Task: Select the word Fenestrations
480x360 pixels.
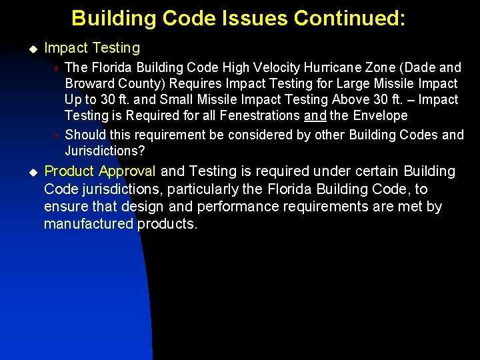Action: tap(260, 115)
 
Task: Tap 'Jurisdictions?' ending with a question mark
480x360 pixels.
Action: tap(105, 150)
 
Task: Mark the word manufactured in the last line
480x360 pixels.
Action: tap(89, 223)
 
